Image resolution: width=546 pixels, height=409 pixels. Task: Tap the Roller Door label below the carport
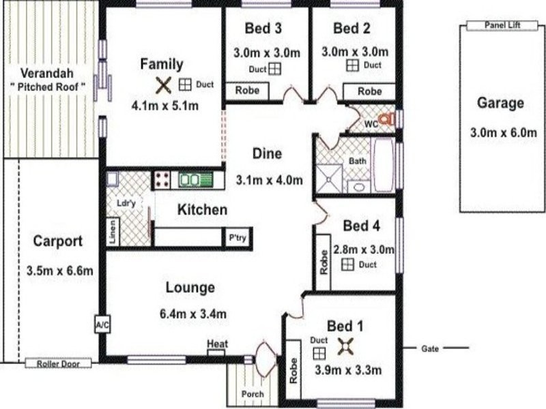(58, 364)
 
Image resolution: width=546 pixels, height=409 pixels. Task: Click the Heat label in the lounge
(217, 345)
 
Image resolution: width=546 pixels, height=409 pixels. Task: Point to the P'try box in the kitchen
(238, 238)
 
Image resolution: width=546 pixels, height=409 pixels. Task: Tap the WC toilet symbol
(386, 119)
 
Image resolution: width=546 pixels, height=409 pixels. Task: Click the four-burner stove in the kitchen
(162, 180)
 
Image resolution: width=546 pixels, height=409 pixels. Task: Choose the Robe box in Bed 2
(369, 91)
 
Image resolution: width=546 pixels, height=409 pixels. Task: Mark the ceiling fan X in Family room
(162, 85)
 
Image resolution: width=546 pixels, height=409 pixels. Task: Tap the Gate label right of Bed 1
(429, 348)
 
